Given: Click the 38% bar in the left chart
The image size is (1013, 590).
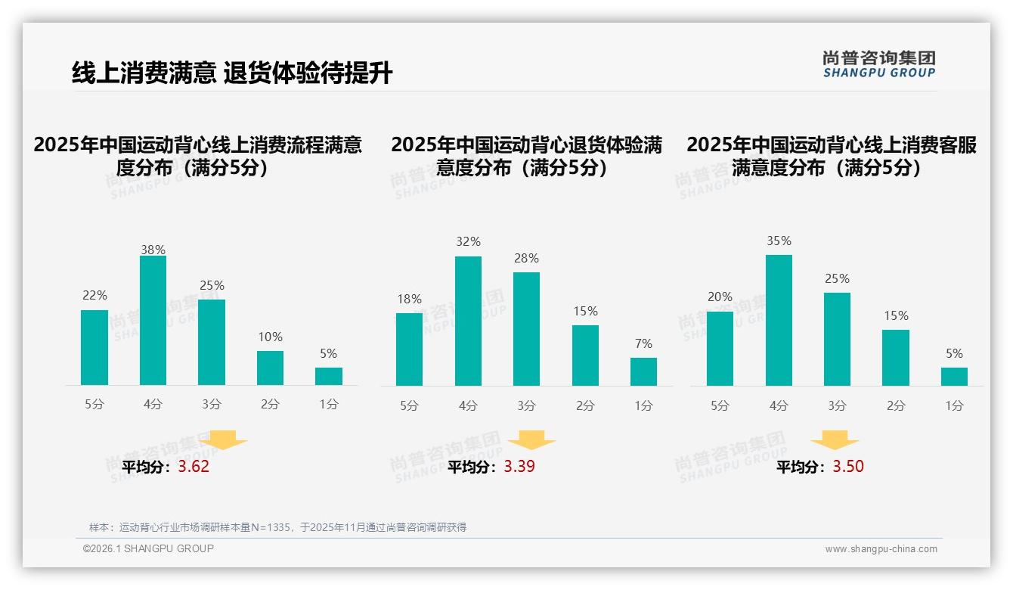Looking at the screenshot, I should click(153, 321).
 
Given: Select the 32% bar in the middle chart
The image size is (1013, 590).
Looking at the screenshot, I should click(468, 321).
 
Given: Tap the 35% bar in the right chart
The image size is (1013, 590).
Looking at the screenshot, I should click(779, 320).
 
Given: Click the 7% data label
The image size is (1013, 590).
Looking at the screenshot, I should click(643, 343).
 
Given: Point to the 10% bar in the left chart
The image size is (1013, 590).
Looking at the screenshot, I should click(270, 368).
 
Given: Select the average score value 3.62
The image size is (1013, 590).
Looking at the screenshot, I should click(194, 467).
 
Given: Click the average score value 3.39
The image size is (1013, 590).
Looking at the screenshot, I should click(519, 467).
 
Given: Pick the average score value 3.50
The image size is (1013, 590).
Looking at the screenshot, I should click(848, 467).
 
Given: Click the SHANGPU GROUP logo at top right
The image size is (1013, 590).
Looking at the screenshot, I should click(879, 64).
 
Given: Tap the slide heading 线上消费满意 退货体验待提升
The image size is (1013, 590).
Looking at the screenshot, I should click(232, 73).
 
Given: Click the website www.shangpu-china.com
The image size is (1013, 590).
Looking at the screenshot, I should click(881, 549).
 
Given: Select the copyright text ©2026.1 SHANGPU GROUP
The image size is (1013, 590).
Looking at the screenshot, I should click(148, 548).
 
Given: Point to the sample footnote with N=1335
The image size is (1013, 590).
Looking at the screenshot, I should click(277, 527).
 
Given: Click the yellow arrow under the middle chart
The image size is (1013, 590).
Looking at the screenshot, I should click(532, 441).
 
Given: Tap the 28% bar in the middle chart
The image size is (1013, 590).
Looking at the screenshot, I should click(526, 329).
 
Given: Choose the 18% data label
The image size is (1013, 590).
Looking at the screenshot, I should click(409, 299).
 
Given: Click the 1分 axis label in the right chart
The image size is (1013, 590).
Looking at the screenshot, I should click(954, 405).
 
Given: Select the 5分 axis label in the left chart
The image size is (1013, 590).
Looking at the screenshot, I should click(94, 404).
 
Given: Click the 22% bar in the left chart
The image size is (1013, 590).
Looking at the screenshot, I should click(94, 347).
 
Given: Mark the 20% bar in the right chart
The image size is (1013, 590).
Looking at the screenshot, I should click(720, 348).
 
